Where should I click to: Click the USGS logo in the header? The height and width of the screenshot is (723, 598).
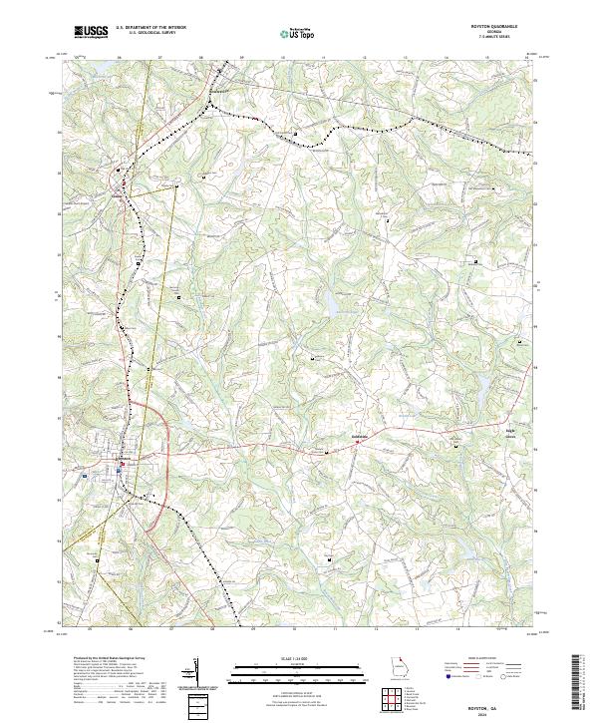(92, 32)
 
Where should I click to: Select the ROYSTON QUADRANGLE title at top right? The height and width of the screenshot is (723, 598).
(502, 27)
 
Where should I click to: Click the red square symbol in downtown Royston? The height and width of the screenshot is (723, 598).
(121, 465)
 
